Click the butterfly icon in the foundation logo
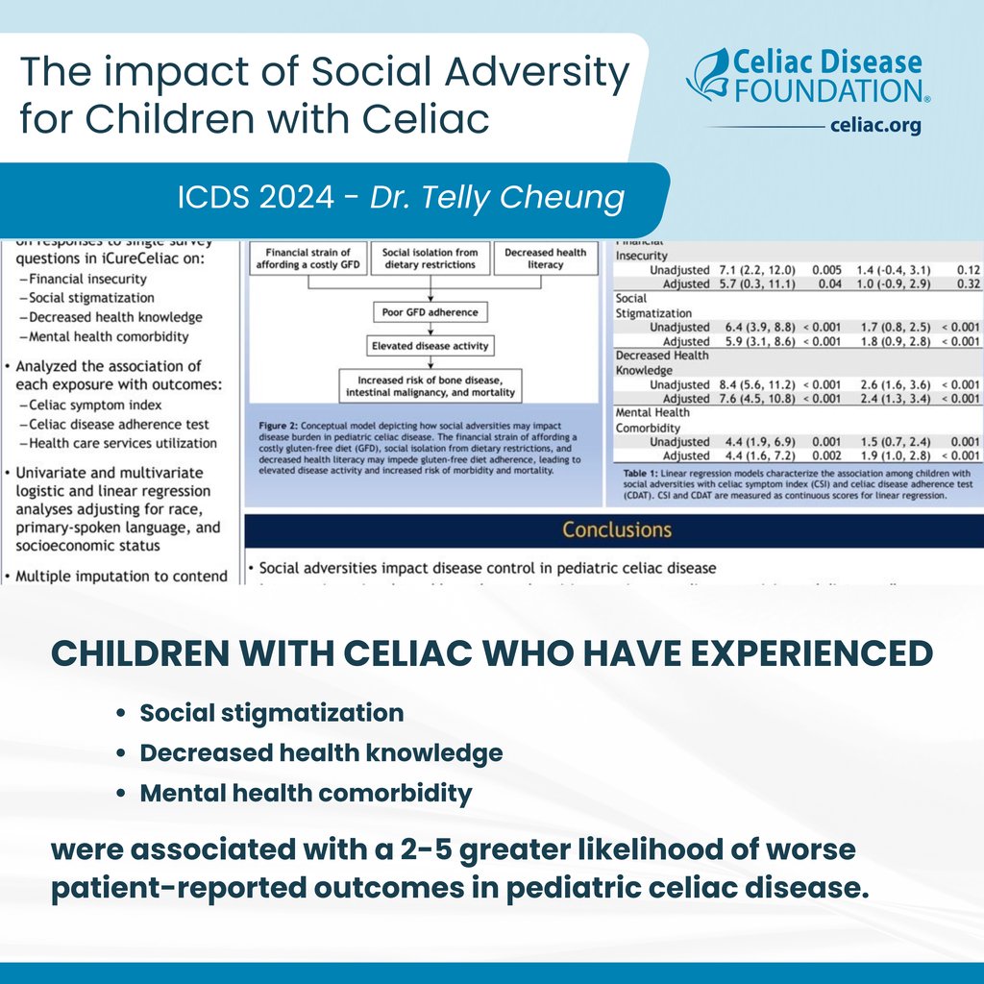click(708, 75)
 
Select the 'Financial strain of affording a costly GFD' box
click(307, 258)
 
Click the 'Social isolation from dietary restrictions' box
click(429, 258)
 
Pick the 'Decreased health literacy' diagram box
click(544, 258)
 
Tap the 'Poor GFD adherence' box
click(429, 312)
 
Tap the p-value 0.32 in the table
click(965, 284)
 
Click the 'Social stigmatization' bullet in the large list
click(272, 713)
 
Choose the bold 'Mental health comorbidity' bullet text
click(306, 794)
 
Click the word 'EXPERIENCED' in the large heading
click(806, 653)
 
